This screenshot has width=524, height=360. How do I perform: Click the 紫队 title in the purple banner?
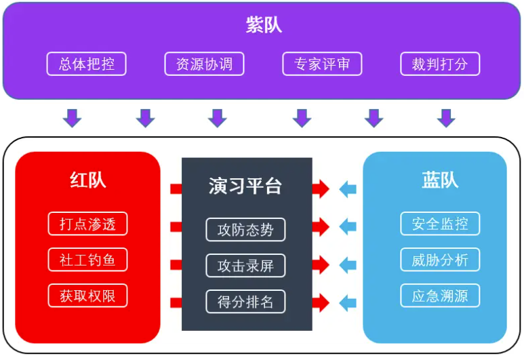(x=263, y=26)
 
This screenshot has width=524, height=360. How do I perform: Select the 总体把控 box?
(x=86, y=64)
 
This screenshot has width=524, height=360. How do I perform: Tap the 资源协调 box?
(x=204, y=64)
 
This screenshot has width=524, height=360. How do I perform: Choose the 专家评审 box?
(x=322, y=64)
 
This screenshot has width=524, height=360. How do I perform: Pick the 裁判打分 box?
(x=440, y=64)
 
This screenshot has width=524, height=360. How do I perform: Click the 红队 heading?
(x=87, y=180)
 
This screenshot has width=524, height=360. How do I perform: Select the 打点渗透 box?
(x=87, y=224)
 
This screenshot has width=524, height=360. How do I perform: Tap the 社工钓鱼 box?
(x=87, y=260)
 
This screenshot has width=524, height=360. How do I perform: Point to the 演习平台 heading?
(x=245, y=186)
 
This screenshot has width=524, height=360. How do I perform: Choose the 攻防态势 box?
(x=245, y=230)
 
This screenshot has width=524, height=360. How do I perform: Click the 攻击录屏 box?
(x=245, y=266)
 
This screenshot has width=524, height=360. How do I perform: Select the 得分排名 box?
(x=245, y=302)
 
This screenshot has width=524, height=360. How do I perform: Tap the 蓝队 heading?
(x=440, y=180)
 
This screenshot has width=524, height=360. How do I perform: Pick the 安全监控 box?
(x=440, y=224)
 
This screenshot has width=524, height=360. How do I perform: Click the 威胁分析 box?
(x=440, y=260)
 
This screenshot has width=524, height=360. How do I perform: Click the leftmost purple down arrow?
(x=72, y=118)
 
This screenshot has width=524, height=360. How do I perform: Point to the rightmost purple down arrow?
(x=445, y=118)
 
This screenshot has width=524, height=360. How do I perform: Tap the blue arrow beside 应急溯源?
(x=347, y=302)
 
